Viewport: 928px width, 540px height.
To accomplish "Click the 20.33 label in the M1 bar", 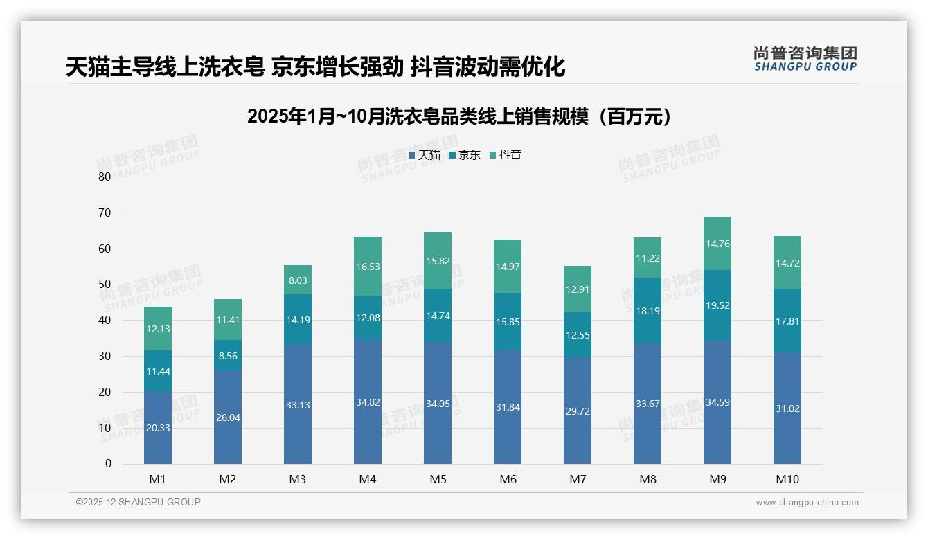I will (x=158, y=428).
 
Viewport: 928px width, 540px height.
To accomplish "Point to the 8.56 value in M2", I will (x=228, y=356).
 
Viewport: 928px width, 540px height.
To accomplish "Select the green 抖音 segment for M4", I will (x=368, y=267).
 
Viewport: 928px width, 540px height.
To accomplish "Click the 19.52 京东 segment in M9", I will (x=717, y=305).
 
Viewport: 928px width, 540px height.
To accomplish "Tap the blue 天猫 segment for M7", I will (x=578, y=411).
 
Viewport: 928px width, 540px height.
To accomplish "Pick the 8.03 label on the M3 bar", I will (x=298, y=280).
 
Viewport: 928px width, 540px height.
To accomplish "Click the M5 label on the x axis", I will (x=438, y=479).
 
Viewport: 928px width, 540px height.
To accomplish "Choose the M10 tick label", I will (x=787, y=479).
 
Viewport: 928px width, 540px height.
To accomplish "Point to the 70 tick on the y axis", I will (x=104, y=213).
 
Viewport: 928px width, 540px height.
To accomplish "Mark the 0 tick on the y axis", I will (x=108, y=464).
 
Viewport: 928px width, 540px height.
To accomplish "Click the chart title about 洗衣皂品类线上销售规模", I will (x=459, y=116).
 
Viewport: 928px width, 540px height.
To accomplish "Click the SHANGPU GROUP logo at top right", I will (x=805, y=59).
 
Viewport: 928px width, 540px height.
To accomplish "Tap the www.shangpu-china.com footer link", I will (x=807, y=503).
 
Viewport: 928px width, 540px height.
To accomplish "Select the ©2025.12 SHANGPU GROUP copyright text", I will (x=139, y=503).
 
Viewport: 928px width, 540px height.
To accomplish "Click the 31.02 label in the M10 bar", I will (x=787, y=408).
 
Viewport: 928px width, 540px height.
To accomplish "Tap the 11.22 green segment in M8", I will (x=648, y=258).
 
